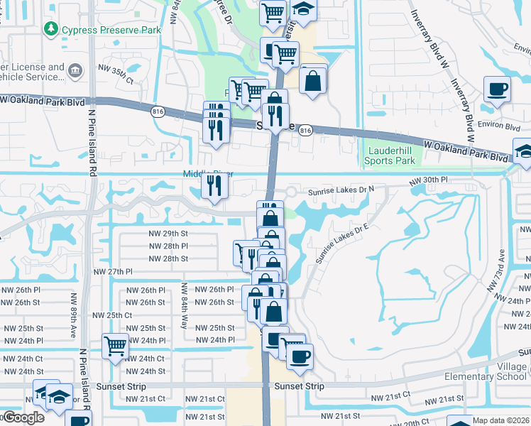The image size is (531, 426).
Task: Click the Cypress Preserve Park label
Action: [x=111, y=30]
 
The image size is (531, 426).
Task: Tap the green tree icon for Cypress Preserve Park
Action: [x=51, y=29]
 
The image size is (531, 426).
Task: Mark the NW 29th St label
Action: [x=168, y=233]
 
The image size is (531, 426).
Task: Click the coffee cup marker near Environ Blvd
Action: [x=496, y=89]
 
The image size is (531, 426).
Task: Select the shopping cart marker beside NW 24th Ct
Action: [x=115, y=346]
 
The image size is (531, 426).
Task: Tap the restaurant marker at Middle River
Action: [x=214, y=186]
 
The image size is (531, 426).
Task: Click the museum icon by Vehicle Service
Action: [x=76, y=70]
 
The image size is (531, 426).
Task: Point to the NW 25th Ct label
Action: [x=113, y=315]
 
